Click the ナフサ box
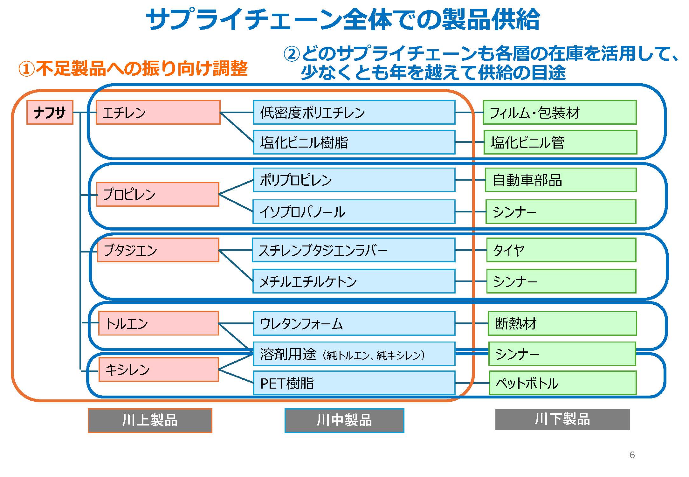tap(50, 112)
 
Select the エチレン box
tap(158, 112)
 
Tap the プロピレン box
tap(158, 194)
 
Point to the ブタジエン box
tap(158, 250)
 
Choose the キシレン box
tap(159, 370)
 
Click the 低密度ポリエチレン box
tap(354, 112)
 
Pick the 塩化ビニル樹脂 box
tap(354, 142)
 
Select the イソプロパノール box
tap(354, 212)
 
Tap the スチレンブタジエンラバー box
tap(354, 250)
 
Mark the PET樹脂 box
tap(354, 383)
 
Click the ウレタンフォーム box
tap(354, 323)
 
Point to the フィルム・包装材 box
tap(560, 112)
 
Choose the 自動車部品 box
tap(561, 180)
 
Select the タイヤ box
tap(561, 250)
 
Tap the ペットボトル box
tap(563, 383)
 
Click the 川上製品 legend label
tap(150, 420)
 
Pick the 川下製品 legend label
tap(562, 419)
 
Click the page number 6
tap(632, 455)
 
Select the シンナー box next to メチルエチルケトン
tap(561, 281)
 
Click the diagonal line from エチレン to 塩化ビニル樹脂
tap(237, 127)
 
